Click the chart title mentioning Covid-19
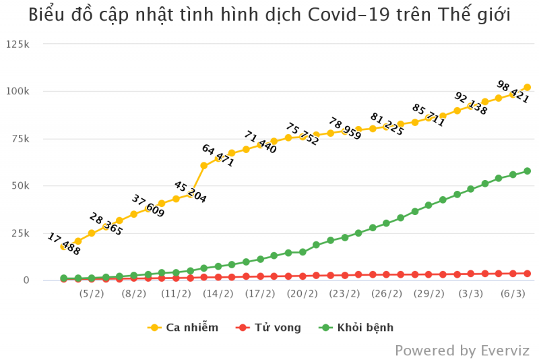click(269, 15)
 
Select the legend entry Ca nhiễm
click(183, 328)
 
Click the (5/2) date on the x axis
click(92, 294)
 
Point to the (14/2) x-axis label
click(218, 294)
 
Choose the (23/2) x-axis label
click(344, 294)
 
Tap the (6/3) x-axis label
click(513, 294)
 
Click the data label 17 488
click(63, 244)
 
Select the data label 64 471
click(218, 155)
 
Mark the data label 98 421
click(513, 92)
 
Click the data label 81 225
click(387, 125)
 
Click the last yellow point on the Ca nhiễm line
click(527, 87)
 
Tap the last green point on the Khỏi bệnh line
click(527, 171)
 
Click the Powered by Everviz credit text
click(462, 351)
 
